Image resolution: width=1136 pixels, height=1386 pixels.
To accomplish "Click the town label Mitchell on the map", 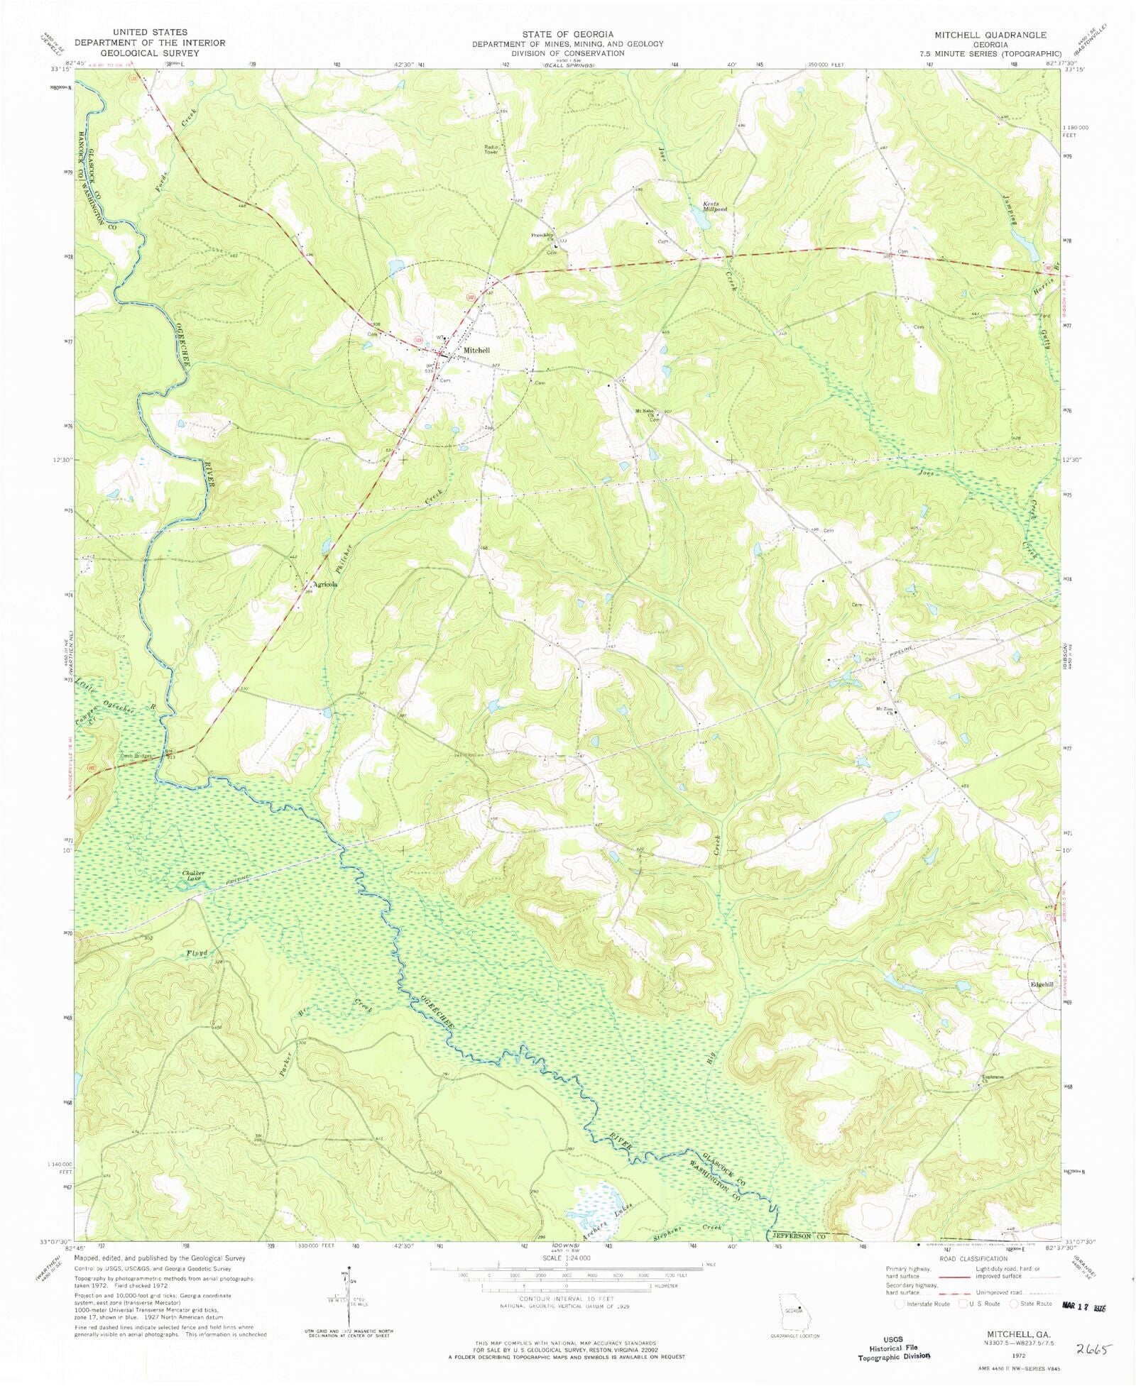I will tap(476, 351).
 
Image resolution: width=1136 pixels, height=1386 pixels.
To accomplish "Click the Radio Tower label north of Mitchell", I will tap(491, 149).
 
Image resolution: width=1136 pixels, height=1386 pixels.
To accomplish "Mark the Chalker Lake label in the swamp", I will tap(193, 875).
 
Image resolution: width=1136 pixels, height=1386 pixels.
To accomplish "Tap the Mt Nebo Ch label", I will tap(644, 412).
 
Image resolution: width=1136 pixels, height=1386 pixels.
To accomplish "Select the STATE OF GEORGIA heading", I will tap(567, 33).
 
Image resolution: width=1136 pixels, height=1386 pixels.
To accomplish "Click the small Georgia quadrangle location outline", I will tap(794, 1307).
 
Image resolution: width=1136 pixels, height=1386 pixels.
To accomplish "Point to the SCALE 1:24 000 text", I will tap(566, 1258).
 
